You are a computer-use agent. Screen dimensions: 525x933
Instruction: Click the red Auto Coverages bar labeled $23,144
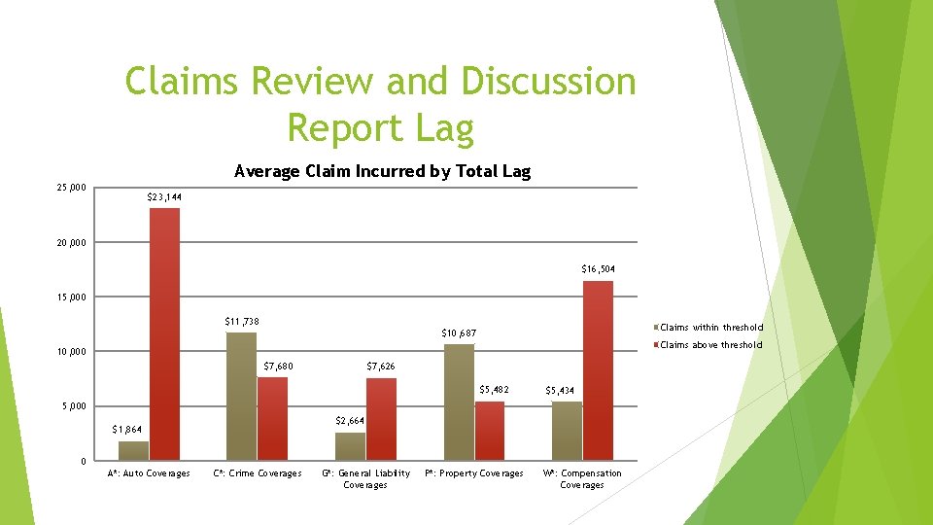tap(164, 333)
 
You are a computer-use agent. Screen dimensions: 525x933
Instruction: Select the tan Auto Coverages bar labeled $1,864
tap(133, 450)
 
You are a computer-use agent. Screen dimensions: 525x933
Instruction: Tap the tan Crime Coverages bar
tap(241, 396)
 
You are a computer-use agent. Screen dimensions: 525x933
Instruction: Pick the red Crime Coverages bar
tap(272, 418)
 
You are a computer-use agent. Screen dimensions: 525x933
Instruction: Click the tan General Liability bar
tap(350, 446)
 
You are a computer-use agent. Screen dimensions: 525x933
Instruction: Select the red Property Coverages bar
tap(490, 430)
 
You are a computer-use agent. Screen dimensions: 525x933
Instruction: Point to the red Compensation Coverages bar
tap(598, 369)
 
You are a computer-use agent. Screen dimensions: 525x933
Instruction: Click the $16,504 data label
tap(598, 268)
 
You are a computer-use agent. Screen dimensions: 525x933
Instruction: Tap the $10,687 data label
tap(459, 333)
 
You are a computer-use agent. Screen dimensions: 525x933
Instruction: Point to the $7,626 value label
tap(380, 367)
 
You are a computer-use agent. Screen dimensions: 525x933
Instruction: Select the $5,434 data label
tap(561, 390)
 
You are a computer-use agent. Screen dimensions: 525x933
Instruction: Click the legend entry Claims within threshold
tap(710, 328)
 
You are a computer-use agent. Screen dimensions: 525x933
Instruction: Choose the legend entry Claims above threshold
tap(710, 345)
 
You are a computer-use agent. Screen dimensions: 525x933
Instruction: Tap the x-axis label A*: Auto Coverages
tap(149, 473)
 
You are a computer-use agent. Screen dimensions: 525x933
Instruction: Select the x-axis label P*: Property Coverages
tap(474, 473)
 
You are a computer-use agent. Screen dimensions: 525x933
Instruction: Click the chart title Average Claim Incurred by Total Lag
tap(383, 172)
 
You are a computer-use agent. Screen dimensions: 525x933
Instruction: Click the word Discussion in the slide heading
tap(548, 82)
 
